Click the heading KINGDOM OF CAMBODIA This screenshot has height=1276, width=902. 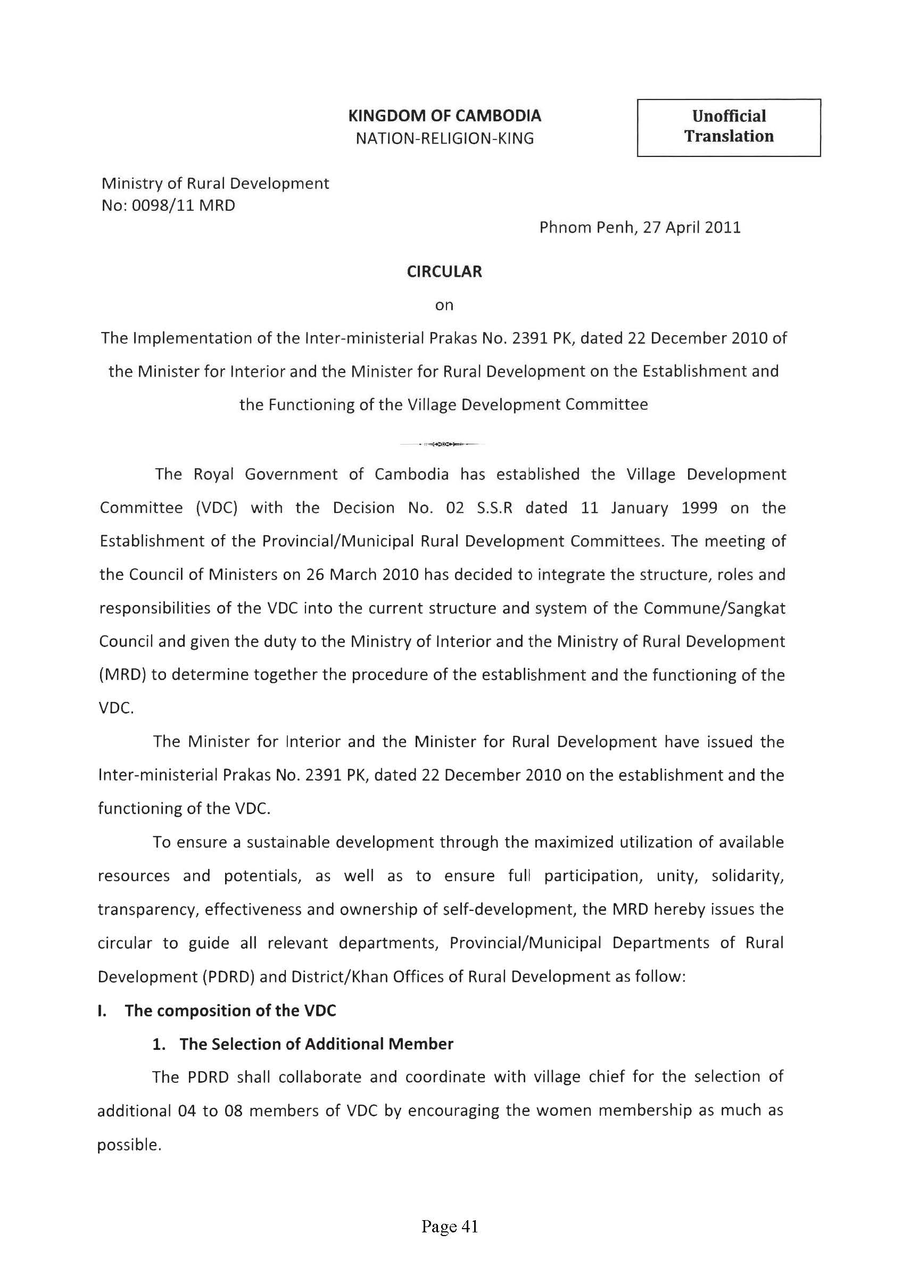[444, 115]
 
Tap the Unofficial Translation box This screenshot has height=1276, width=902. [728, 127]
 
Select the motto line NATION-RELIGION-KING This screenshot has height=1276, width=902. [444, 138]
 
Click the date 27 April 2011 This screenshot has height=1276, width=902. [691, 227]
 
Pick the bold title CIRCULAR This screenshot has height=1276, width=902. [444, 272]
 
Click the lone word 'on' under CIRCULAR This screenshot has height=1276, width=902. [444, 305]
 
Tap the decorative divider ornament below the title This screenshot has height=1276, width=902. [443, 444]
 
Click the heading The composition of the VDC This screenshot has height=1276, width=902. [230, 1010]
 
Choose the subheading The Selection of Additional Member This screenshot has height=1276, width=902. [316, 1043]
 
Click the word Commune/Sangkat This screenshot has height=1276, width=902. [714, 608]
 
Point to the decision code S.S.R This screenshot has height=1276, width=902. [494, 508]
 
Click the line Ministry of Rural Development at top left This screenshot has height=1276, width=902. [215, 184]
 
